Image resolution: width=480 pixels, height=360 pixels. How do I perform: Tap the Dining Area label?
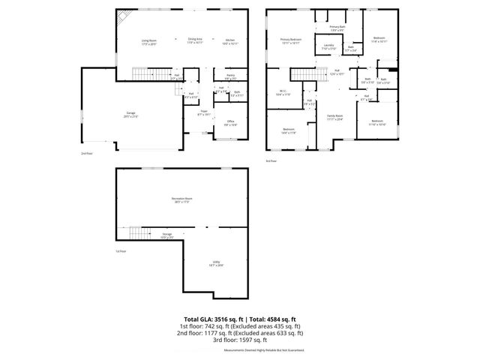pyautogui.click(x=195, y=40)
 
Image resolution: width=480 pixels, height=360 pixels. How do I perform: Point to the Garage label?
pyautogui.click(x=130, y=114)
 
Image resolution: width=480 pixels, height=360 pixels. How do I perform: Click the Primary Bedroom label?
pyautogui.click(x=289, y=40)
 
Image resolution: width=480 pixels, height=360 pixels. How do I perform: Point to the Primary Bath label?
pyautogui.click(x=337, y=27)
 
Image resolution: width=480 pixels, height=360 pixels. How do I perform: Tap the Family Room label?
pyautogui.click(x=334, y=116)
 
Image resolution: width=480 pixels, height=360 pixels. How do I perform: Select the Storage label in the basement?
pyautogui.click(x=167, y=235)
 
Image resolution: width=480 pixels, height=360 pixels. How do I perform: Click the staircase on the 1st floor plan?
pyautogui.click(x=135, y=233)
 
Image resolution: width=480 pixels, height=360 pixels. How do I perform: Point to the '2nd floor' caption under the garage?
pyautogui.click(x=86, y=153)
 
